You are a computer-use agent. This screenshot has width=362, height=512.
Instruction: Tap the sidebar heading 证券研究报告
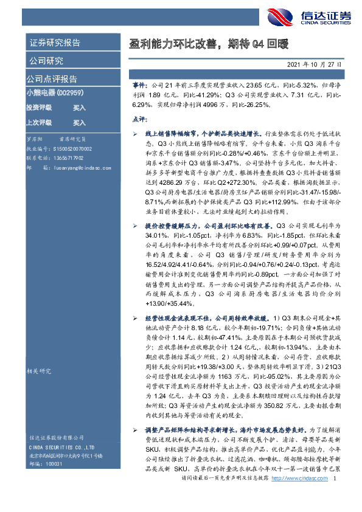(x=54, y=43)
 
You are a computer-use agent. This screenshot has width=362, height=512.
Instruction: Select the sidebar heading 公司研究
(x=46, y=61)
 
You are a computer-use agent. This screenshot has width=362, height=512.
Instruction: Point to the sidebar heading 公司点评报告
(x=51, y=79)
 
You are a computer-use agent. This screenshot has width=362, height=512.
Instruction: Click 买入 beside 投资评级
(x=79, y=108)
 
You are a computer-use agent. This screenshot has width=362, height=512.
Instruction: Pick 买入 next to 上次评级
(x=79, y=122)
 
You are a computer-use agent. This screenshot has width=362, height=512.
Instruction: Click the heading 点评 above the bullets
(x=139, y=119)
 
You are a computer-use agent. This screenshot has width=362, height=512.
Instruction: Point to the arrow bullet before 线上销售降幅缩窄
(x=135, y=132)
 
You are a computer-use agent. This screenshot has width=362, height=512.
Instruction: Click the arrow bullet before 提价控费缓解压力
(x=135, y=226)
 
